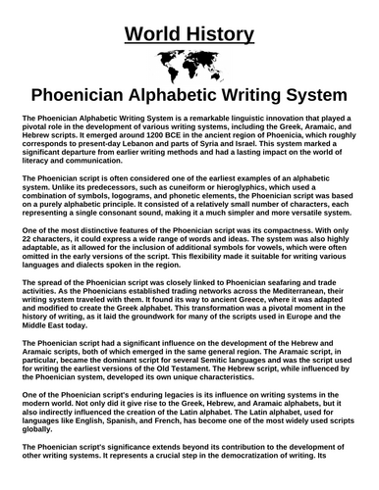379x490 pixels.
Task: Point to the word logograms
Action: point(146,209)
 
